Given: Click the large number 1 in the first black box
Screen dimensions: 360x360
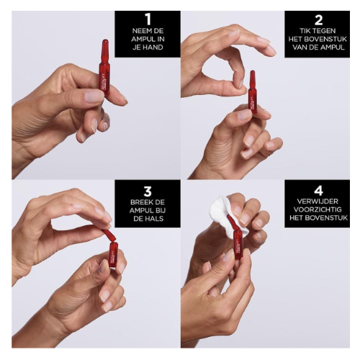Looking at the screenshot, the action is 148,19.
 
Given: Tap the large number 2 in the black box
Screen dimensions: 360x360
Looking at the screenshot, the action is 318,19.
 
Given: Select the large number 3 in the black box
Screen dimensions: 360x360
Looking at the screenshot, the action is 148,192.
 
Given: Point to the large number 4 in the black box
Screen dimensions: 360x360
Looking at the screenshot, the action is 318,191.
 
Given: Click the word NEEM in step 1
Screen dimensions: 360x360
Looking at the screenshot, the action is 141,31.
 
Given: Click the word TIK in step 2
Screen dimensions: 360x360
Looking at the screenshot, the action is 305,31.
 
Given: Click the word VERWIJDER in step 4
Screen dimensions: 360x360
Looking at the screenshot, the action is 318,202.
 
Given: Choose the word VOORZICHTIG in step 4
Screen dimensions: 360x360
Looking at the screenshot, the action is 318,210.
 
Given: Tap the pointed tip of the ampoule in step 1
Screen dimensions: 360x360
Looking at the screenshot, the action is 105,40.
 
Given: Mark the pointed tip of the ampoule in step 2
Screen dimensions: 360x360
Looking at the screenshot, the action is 252,71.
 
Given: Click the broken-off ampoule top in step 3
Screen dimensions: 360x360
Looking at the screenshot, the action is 109,235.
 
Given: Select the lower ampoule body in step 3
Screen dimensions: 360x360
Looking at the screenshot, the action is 114,255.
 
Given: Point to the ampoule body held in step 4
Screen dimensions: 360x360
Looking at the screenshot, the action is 238,243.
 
